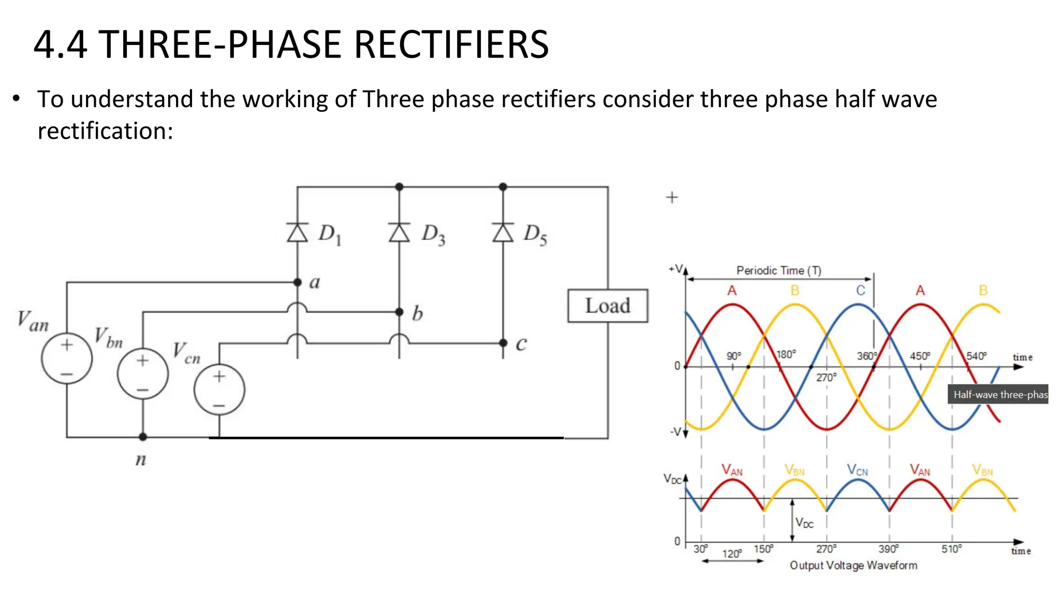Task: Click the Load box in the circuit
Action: (x=607, y=306)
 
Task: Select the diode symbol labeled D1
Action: (x=297, y=232)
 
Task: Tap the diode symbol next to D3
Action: (x=399, y=232)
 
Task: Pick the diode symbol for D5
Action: (x=503, y=232)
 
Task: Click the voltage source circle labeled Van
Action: (x=67, y=359)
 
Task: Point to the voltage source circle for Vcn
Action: (x=219, y=390)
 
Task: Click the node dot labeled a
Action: (x=297, y=282)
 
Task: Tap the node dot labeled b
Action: (x=399, y=312)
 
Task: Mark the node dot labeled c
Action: (x=503, y=342)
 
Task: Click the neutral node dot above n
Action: (x=143, y=437)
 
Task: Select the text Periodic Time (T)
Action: (x=778, y=271)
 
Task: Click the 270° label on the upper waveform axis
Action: (x=826, y=378)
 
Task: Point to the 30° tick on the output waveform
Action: (x=701, y=549)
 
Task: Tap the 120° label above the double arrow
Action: (x=732, y=554)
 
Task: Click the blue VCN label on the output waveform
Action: (x=857, y=470)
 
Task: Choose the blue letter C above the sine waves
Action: (x=860, y=291)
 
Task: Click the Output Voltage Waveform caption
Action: (x=853, y=565)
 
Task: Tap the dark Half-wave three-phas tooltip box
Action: (x=998, y=394)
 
